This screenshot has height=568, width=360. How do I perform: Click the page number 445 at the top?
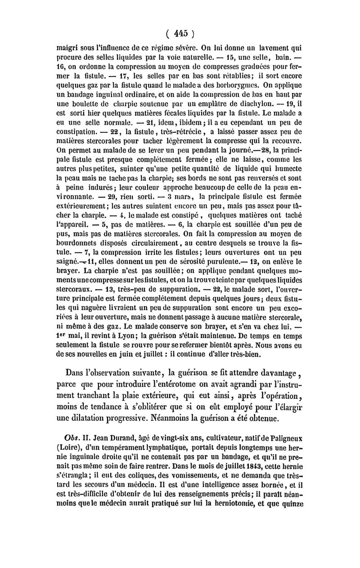point(180,32)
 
